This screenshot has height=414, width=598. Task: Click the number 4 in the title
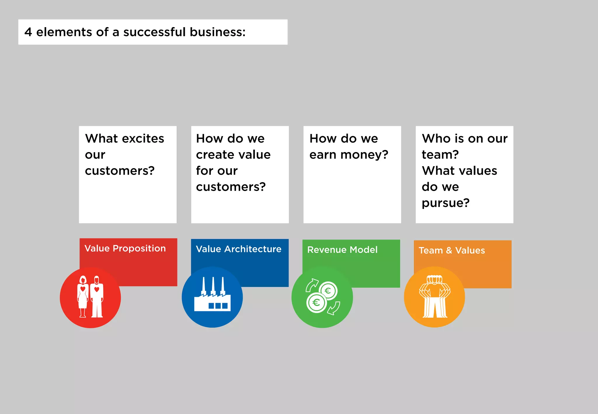coord(28,32)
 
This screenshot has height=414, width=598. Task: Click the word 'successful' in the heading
coord(154,32)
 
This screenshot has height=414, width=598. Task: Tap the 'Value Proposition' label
coord(125,248)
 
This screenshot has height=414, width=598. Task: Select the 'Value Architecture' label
coord(239,249)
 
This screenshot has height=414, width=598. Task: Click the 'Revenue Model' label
coord(342,250)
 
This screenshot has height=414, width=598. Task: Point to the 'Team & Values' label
coord(452,251)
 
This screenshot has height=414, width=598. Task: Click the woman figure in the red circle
coord(83,296)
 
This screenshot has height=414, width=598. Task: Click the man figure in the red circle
coord(97,296)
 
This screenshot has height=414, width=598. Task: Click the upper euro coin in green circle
coord(328,291)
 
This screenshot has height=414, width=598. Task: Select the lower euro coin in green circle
coord(316,303)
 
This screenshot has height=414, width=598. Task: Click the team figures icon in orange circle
coord(435,296)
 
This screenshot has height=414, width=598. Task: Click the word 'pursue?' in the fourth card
coord(446,203)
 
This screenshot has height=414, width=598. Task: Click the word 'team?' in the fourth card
coord(440,155)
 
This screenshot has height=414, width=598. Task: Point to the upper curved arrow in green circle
coord(312,284)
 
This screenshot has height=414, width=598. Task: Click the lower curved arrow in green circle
coord(334,309)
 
